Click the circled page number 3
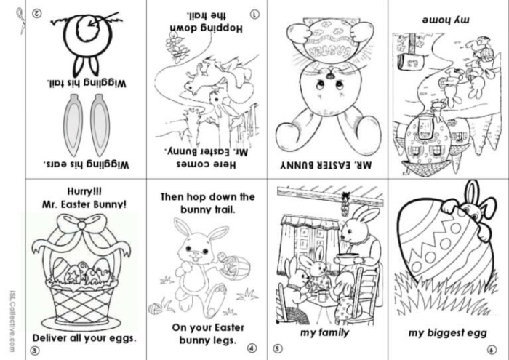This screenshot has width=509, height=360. (35, 351)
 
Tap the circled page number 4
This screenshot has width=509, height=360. (252, 348)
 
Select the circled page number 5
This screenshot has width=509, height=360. (277, 348)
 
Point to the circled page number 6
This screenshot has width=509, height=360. (492, 350)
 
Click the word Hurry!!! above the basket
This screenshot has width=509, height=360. (84, 191)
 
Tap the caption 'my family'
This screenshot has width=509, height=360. (324, 333)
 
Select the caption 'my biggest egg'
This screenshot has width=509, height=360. (448, 333)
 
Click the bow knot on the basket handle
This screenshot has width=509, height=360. (81, 225)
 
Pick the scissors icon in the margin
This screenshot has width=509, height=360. (20, 20)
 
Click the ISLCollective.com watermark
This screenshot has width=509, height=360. (12, 321)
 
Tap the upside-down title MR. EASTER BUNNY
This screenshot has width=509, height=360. (326, 166)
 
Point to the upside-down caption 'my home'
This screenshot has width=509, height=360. (445, 20)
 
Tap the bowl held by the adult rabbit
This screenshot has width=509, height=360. (350, 258)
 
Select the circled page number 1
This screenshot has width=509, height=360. (255, 14)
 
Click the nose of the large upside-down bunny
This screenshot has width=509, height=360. (330, 76)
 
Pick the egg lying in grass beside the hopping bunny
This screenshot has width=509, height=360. (155, 308)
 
